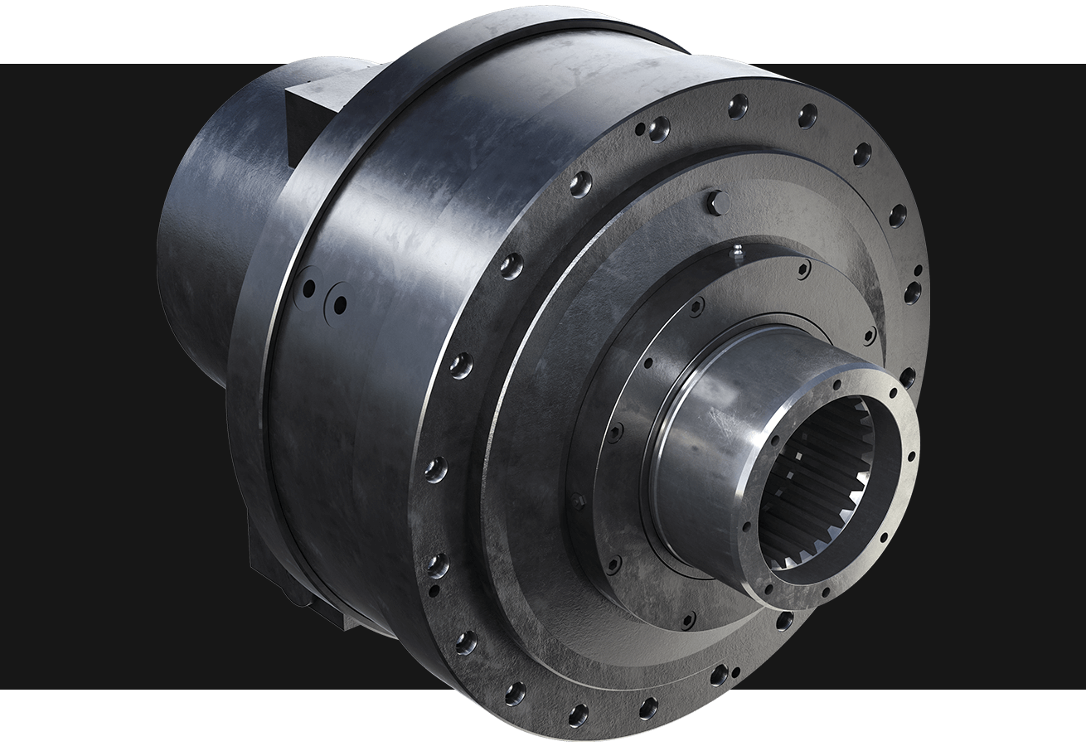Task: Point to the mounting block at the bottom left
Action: [x=290, y=572]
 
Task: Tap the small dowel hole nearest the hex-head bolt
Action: [x=639, y=130]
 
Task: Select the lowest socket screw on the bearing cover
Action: [x=687, y=619]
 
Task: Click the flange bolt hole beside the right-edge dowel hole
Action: [x=912, y=291]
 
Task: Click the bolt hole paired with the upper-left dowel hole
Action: [x=659, y=127]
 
